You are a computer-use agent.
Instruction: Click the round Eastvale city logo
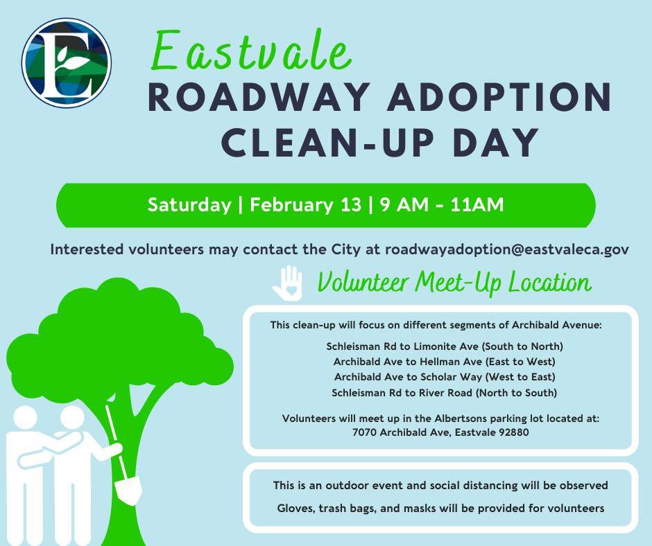click(67, 63)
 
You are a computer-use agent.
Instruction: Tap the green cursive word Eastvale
click(251, 51)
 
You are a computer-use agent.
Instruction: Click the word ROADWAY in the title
click(259, 98)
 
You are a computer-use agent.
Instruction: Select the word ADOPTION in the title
click(499, 98)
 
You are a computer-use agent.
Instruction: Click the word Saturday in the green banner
click(189, 205)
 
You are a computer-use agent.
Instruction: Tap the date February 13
click(306, 205)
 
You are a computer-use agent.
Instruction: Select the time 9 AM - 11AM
click(442, 205)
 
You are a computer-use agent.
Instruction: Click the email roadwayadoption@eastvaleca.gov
click(507, 249)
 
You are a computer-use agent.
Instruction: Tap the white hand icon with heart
click(288, 283)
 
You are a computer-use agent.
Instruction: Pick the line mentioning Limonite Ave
click(445, 346)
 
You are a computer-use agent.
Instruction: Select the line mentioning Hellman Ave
click(445, 362)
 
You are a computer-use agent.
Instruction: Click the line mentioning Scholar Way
click(445, 377)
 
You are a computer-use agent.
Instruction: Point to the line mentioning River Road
click(445, 393)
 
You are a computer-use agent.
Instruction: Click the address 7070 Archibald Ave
click(401, 432)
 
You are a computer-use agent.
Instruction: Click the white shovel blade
click(128, 491)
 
